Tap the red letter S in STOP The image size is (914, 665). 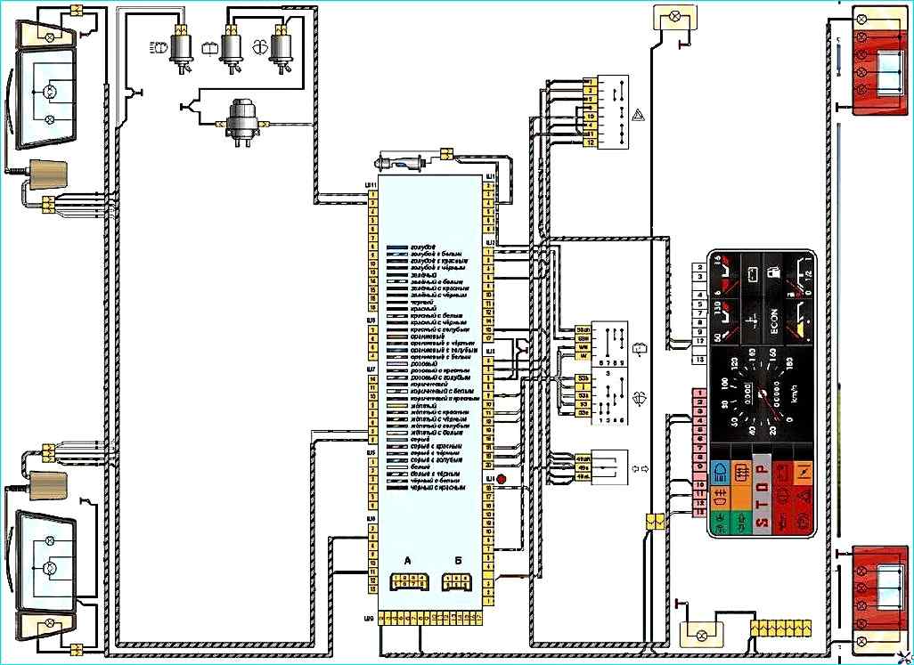762,527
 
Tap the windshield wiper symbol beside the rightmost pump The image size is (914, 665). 260,47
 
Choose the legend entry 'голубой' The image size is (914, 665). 421,246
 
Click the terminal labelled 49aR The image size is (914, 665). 584,458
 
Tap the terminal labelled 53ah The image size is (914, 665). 584,329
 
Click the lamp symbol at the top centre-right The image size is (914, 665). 667,16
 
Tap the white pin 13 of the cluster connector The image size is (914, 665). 700,359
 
